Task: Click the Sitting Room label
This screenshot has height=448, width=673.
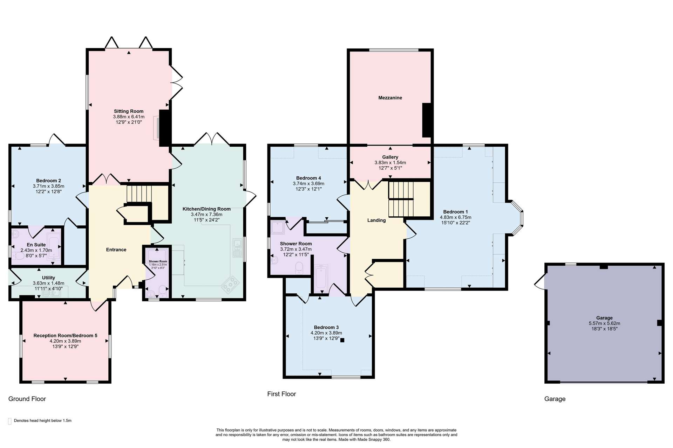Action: point(129,111)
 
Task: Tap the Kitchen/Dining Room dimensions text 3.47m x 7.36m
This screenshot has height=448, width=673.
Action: point(206,215)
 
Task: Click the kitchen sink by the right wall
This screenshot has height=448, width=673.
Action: point(237,248)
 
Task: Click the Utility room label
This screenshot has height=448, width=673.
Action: point(48,278)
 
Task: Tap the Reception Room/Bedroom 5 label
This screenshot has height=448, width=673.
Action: point(66,336)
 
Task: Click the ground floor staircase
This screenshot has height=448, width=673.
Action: point(139,194)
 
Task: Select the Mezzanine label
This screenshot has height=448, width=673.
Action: point(390,98)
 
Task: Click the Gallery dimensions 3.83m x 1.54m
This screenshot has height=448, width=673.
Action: point(390,163)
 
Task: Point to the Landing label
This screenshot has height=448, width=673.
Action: point(376,220)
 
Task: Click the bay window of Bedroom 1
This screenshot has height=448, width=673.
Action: point(517,218)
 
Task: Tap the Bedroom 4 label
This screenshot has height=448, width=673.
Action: point(308,178)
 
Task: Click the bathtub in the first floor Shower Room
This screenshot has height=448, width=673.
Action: point(321,279)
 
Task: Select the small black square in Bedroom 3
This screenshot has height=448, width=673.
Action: point(342,340)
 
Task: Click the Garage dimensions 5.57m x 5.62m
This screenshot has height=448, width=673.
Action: point(604,323)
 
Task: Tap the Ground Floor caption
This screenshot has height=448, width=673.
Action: point(27,399)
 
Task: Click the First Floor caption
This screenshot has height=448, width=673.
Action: point(281,394)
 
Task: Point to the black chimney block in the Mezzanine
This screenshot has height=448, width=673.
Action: point(427,120)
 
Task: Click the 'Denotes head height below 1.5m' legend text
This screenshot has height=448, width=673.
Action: point(43,421)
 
